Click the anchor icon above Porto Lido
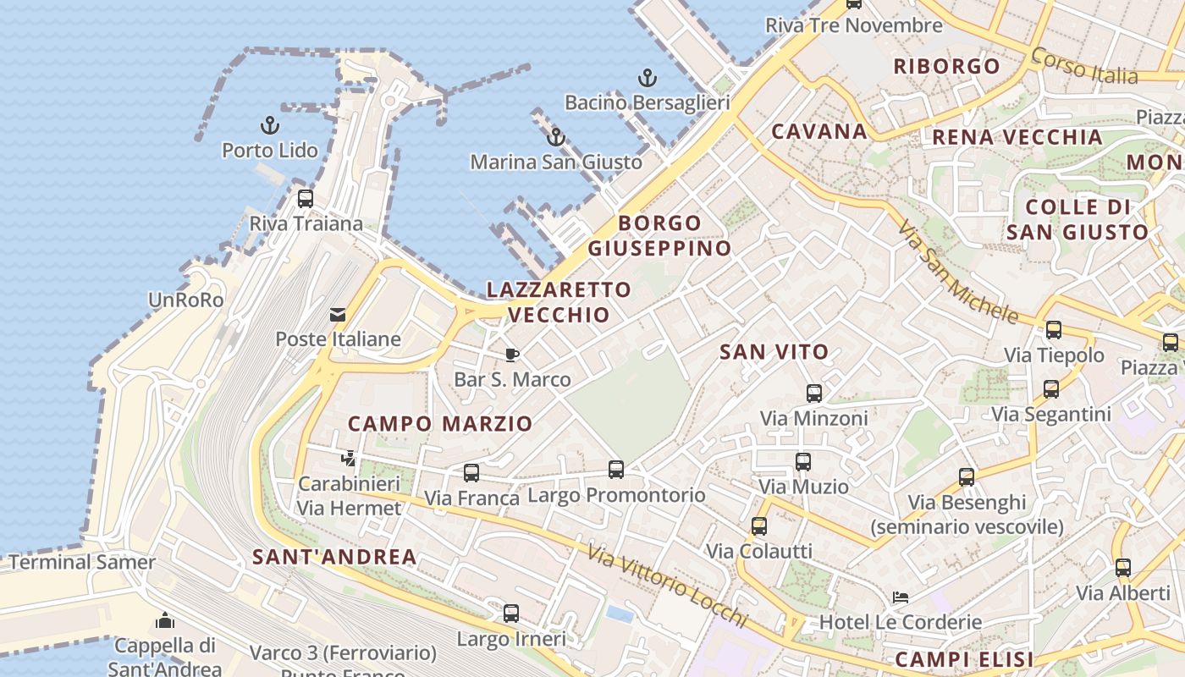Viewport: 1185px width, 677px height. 269,126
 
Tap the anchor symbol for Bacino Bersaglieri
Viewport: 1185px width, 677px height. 647,79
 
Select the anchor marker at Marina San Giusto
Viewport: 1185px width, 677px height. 556,137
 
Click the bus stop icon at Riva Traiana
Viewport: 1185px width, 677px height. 306,199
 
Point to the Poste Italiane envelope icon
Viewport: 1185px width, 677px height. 338,315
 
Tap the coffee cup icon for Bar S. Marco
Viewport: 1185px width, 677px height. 512,355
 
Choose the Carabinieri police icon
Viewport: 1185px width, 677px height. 348,460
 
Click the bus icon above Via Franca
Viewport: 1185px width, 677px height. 471,473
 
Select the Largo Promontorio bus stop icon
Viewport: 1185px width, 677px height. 616,470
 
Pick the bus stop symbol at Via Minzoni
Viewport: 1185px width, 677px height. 814,394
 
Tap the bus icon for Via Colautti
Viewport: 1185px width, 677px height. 759,526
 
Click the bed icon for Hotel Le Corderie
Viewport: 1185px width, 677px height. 901,597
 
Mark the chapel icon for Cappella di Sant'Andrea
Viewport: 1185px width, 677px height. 165,621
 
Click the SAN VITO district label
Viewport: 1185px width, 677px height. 774,352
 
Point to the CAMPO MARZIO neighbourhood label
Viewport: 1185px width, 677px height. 440,423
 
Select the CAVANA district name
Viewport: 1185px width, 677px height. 819,131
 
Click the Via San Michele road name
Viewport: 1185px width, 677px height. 957,272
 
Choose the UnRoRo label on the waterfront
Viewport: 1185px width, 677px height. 185,300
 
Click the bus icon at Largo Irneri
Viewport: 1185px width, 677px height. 511,614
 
